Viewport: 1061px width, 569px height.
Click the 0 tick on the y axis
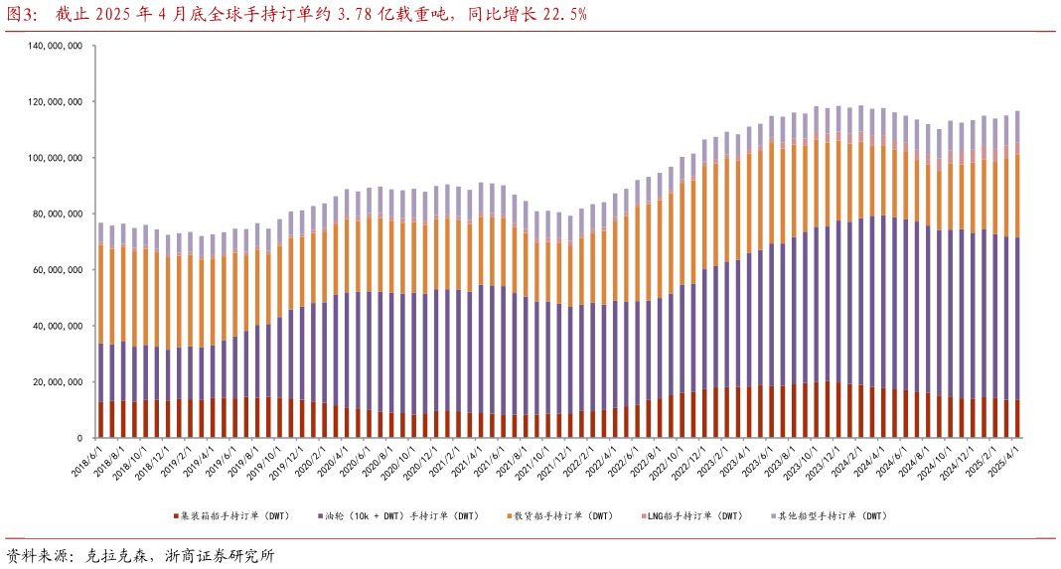coord(79,438)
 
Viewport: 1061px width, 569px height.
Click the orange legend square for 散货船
coord(509,516)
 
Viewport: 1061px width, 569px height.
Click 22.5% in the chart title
coord(564,13)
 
